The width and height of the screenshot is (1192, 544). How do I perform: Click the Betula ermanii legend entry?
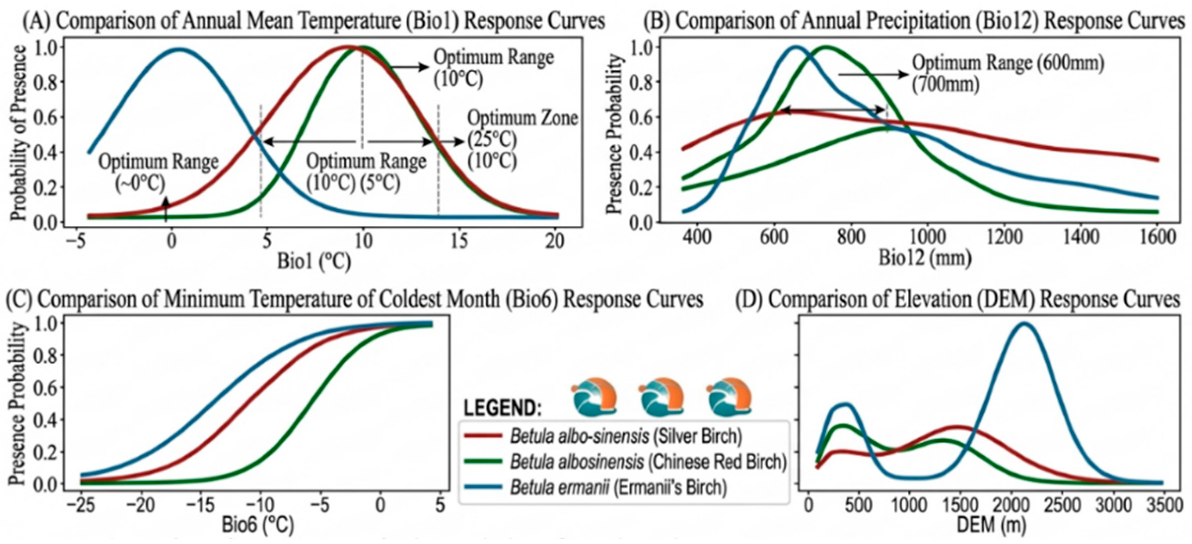tap(595, 488)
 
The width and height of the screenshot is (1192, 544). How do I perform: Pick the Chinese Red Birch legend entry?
tap(625, 462)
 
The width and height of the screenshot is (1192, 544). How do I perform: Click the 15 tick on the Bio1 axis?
tap(459, 241)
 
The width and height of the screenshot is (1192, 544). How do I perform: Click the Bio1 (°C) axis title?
tap(314, 261)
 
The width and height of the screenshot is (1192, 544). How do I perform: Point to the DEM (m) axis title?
tap(991, 525)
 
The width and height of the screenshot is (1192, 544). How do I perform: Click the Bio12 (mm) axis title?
tap(925, 258)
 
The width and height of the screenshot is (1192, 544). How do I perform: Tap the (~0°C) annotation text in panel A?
tap(140, 183)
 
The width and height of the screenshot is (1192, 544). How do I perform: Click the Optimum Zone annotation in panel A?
tap(523, 118)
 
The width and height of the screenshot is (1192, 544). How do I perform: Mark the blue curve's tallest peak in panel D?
tap(1023, 323)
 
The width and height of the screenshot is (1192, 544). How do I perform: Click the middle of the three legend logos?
tap(662, 397)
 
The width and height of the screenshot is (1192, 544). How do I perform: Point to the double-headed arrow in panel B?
tap(833, 111)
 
